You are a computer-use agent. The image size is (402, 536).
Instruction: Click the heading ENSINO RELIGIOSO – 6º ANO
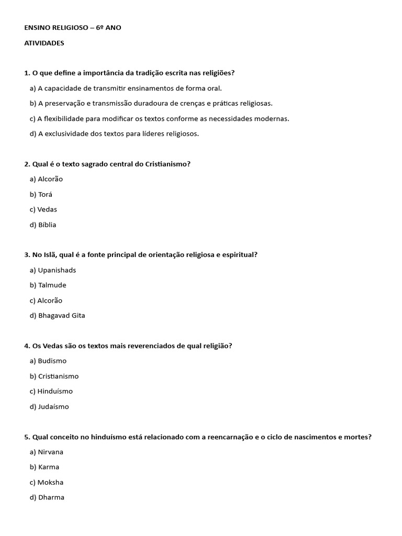pos(72,27)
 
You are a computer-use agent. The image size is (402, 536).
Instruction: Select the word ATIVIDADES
pos(44,43)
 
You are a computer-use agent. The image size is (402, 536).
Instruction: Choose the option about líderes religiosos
pos(114,133)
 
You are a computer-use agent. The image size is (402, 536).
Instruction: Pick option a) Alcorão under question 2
pos(46,179)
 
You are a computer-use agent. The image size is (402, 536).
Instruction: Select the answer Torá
pos(41,194)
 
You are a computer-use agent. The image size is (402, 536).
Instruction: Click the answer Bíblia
pos(43,225)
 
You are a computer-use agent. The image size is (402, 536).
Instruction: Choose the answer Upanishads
pos(53,270)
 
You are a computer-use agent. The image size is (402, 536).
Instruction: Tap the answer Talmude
pos(48,285)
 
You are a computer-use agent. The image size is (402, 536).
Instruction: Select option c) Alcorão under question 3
pos(46,300)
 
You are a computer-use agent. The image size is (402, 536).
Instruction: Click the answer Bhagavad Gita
pos(58,316)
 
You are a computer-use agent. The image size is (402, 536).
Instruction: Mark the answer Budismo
pos(48,361)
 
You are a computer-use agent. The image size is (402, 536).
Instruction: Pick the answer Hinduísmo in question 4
pos(51,391)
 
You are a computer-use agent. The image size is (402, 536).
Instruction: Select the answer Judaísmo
pos(49,406)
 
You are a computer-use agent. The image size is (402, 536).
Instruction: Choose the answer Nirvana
pos(48,452)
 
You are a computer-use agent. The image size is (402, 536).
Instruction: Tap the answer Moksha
pos(47,482)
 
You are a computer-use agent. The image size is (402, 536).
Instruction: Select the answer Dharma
pos(47,497)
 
